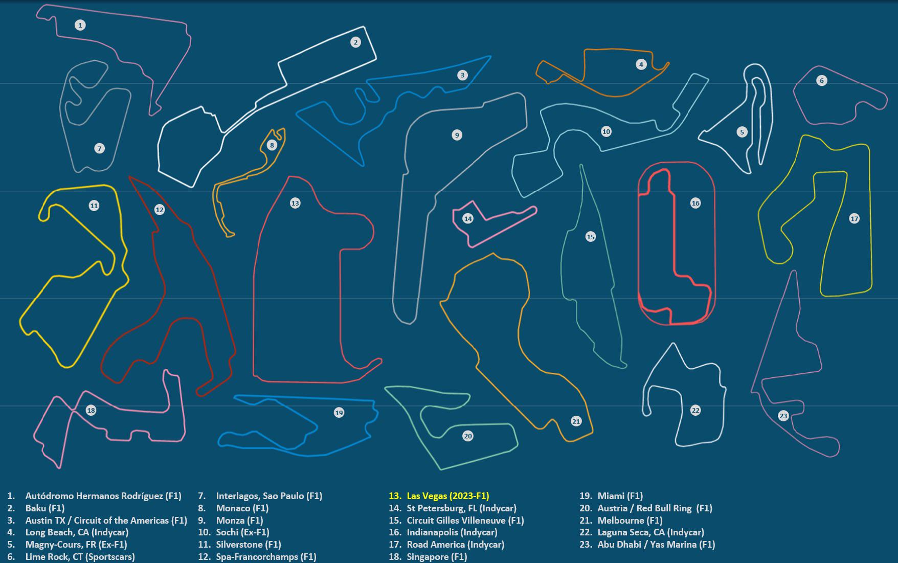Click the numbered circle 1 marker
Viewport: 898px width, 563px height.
point(80,25)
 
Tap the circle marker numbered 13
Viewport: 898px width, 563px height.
point(295,203)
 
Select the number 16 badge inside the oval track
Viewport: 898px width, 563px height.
point(695,203)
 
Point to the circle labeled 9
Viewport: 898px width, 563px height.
point(457,135)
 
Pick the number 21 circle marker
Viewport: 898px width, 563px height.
point(576,421)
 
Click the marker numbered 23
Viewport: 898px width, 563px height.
point(783,416)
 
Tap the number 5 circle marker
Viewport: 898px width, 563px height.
point(742,132)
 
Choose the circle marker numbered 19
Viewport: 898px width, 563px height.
point(339,412)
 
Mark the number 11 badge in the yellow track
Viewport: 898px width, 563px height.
point(94,206)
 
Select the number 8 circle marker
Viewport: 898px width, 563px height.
point(272,145)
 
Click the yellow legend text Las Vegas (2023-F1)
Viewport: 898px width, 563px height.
point(447,496)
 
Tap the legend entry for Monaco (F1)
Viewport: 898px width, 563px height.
point(242,508)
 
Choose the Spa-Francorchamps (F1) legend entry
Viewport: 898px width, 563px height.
point(266,556)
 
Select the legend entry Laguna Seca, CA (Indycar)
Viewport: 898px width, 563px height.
point(650,532)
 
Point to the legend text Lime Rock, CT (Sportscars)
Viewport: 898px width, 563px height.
point(80,556)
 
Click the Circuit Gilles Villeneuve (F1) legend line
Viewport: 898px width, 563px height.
point(465,520)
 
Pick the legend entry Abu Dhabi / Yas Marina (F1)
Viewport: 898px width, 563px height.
point(656,545)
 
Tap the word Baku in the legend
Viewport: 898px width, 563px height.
point(35,508)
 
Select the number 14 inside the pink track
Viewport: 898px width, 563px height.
point(467,218)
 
